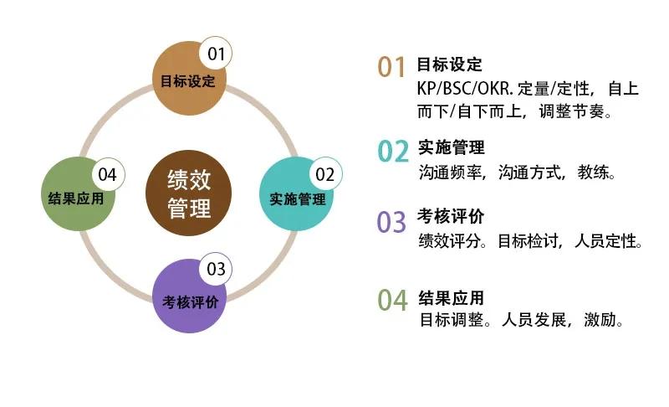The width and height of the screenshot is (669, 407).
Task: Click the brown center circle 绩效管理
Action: [189, 193]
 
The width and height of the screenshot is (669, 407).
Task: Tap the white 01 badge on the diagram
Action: [216, 54]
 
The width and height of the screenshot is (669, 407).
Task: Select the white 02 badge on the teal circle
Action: [325, 174]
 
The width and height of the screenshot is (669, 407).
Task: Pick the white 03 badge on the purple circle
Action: [216, 269]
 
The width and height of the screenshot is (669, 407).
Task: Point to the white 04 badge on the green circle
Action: [109, 174]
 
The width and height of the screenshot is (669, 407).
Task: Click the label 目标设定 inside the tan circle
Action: [187, 81]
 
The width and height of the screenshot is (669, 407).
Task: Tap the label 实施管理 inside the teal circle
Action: [298, 199]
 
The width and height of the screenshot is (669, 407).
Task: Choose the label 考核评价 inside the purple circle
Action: [191, 302]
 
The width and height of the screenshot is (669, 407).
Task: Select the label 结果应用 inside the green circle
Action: [76, 198]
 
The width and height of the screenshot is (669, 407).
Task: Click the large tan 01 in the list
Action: [391, 68]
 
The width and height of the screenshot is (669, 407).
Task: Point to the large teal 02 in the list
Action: [393, 152]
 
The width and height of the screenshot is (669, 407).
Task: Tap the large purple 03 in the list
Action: [391, 222]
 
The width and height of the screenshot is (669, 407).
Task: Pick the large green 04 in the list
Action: [393, 300]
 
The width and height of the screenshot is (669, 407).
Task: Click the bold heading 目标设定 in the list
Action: [449, 65]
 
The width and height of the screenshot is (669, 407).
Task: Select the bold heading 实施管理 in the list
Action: [452, 147]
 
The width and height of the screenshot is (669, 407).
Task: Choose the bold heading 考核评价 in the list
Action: [451, 217]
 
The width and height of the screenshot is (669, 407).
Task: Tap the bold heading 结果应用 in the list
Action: [452, 297]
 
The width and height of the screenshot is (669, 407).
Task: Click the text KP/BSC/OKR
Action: [465, 89]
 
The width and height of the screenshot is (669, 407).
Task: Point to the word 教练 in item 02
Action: [593, 173]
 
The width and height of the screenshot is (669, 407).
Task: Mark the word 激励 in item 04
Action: [600, 319]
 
